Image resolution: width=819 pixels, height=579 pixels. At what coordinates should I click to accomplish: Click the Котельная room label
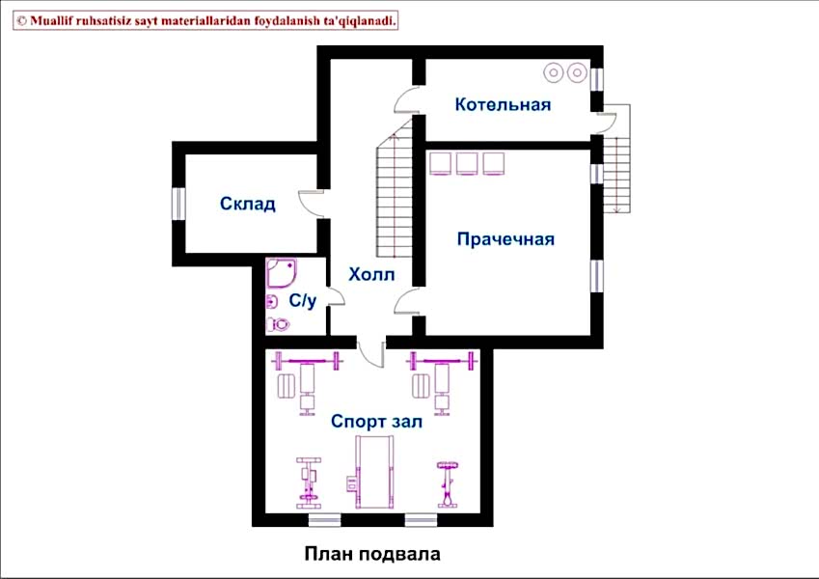pos(503,104)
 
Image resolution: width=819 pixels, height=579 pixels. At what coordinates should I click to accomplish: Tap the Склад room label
pos(248,204)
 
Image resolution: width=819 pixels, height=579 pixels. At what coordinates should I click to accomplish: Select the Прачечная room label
pos(505,238)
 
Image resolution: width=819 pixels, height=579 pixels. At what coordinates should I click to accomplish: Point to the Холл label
pos(371,274)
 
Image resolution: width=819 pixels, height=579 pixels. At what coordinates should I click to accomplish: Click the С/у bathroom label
pos(303,300)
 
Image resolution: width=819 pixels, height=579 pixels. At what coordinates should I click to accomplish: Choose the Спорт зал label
pos(376,421)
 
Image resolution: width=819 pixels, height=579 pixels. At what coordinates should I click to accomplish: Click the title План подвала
pos(372,554)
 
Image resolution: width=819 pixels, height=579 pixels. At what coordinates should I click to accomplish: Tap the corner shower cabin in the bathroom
pos(282,273)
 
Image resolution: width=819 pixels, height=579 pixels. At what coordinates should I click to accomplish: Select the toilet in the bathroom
pos(278,324)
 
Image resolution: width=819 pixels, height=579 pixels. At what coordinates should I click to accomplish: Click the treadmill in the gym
pos(373,473)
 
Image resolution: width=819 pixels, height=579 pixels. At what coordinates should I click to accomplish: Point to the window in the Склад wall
pos(178,204)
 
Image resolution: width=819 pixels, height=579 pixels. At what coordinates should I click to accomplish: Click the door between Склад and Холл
pos(312,204)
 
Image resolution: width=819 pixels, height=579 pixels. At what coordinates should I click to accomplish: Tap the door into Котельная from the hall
pos(407,99)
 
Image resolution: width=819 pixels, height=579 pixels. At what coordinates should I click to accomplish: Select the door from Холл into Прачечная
pos(407,300)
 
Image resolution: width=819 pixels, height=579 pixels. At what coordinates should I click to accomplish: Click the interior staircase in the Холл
pos(395,188)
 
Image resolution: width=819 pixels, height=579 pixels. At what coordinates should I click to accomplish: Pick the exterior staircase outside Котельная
pos(617,158)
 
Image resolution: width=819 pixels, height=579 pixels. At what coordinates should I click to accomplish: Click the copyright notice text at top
pos(205,21)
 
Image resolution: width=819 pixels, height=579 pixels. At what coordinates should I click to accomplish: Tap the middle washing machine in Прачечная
pos(467,163)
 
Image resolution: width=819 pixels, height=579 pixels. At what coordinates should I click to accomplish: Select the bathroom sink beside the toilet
pos(272,301)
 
